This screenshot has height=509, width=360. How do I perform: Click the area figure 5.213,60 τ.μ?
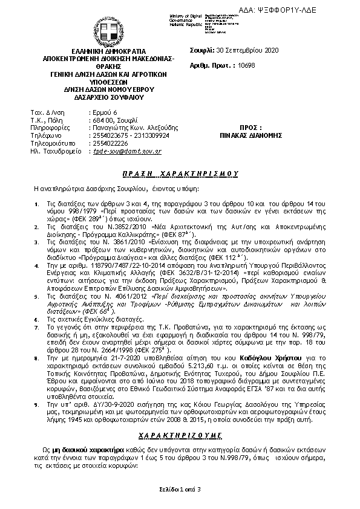click(184, 366)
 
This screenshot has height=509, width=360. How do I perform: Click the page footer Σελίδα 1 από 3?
click(180, 488)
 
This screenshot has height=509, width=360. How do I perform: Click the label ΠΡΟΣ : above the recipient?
click(250, 128)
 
